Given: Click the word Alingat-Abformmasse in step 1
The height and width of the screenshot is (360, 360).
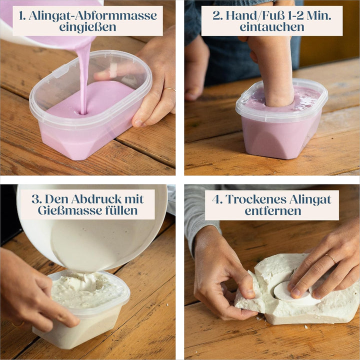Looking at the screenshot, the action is [93, 16].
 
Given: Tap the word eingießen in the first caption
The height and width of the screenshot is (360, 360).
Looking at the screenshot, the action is [87, 27].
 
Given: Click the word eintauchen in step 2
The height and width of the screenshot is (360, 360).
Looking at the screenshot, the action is [272, 27].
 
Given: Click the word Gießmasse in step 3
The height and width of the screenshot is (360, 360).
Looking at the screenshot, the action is [70, 211].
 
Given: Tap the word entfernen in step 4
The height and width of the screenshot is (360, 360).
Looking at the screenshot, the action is [273, 211].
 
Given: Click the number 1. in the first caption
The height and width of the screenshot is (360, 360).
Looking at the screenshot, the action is [22, 16].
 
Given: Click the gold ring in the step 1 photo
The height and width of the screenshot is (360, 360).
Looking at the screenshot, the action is [169, 89].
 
